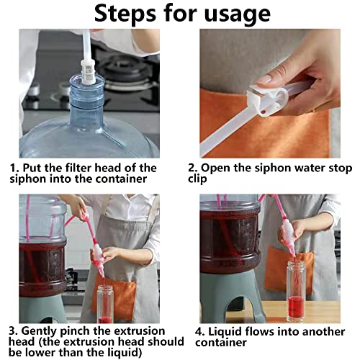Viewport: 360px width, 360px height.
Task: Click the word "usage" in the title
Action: [237, 14]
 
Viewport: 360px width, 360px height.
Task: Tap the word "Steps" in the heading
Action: [125, 13]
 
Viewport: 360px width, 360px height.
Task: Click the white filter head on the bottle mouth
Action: [88, 71]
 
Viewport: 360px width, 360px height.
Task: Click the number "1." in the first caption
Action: [14, 168]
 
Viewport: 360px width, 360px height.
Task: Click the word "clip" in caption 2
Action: [197, 179]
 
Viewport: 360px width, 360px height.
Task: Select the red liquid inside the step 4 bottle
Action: [296, 305]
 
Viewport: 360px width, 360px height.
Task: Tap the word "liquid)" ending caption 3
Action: [124, 353]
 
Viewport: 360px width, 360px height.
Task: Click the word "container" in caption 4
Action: [221, 343]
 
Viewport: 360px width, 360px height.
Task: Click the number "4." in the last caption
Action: [199, 333]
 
